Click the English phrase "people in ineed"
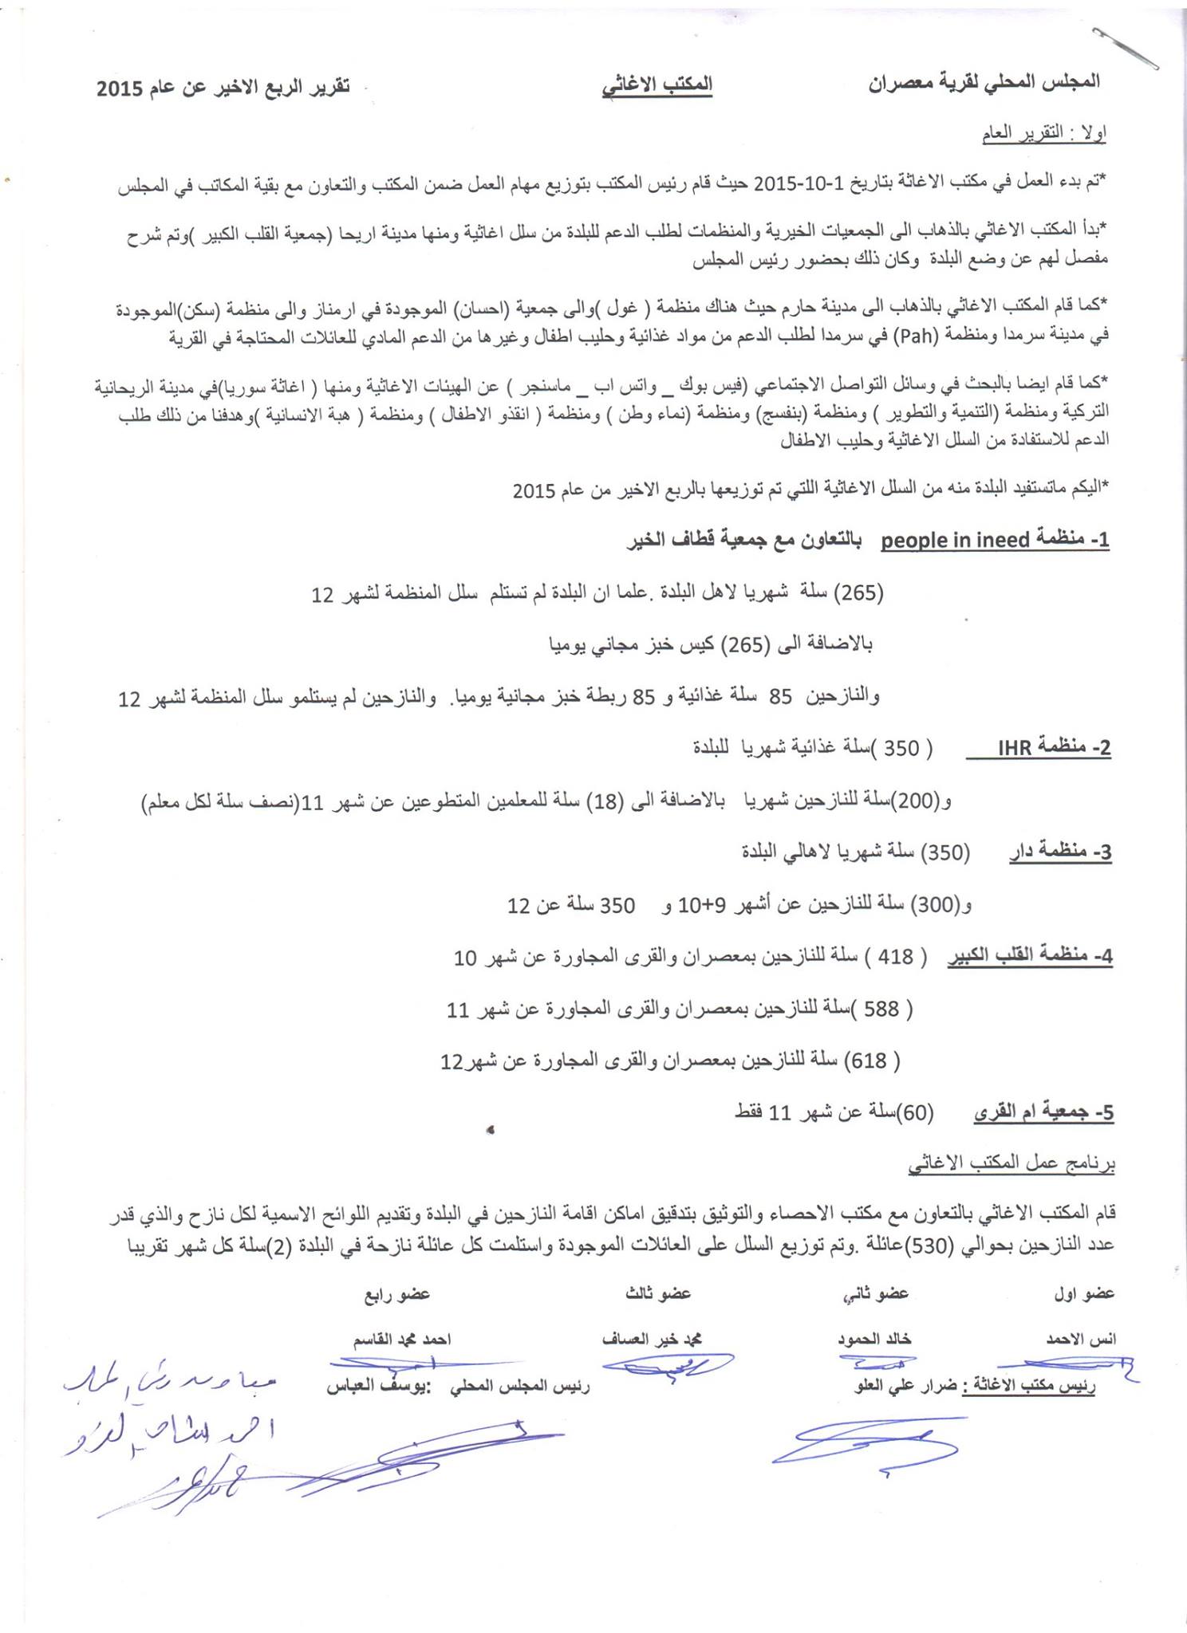(955, 541)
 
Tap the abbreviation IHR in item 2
(1015, 748)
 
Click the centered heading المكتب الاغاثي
(657, 85)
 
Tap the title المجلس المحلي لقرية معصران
(984, 82)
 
